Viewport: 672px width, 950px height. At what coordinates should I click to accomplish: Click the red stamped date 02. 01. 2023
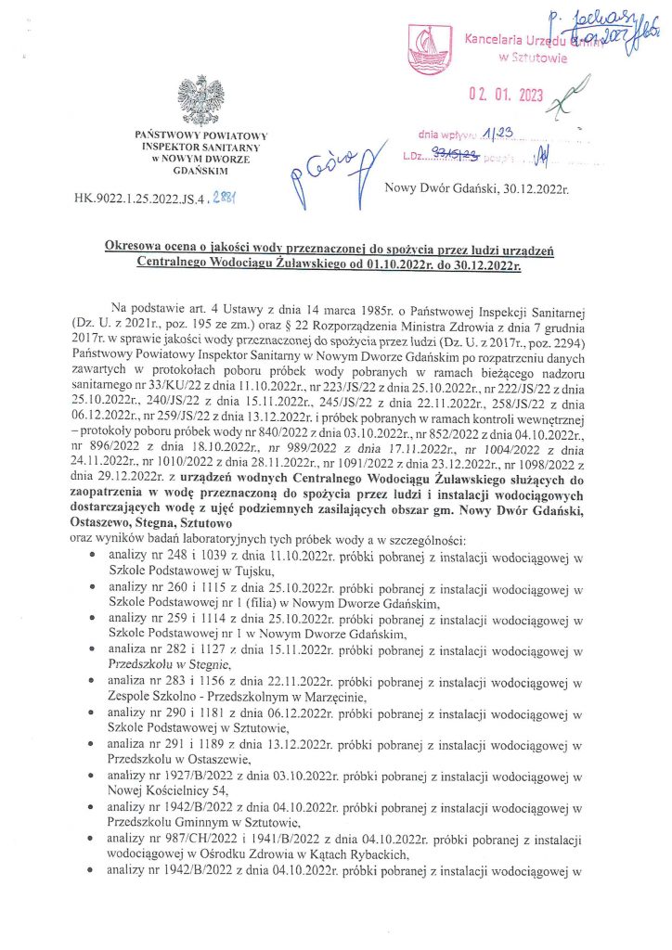pos(505,93)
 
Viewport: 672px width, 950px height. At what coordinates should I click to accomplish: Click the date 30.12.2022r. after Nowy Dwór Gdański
pos(534,190)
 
